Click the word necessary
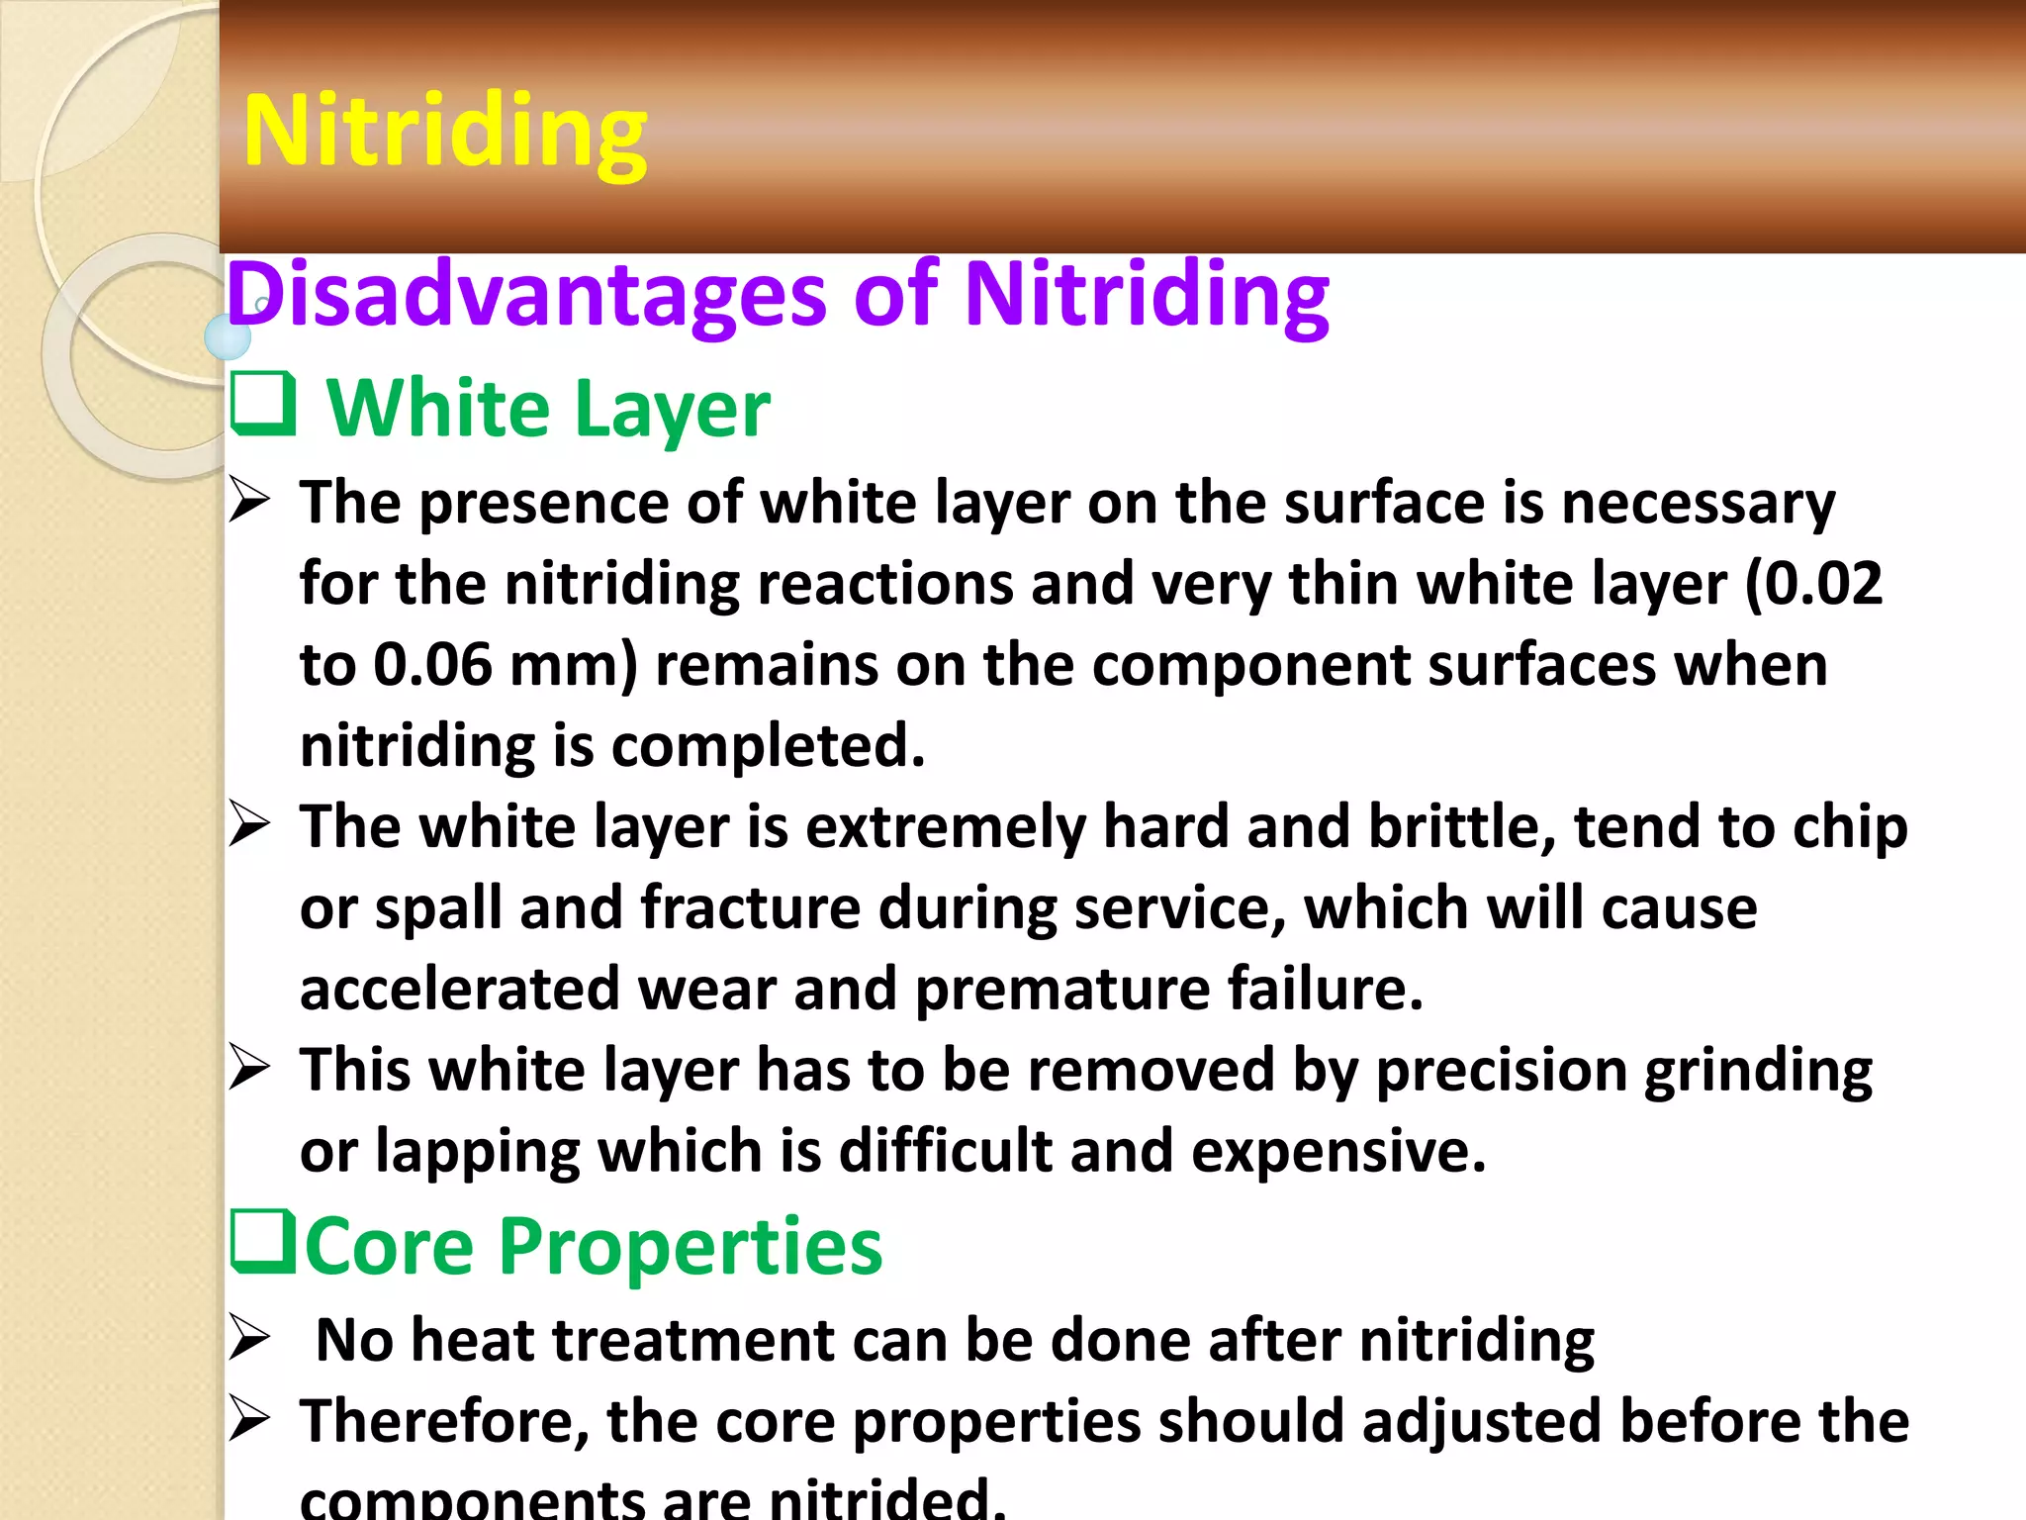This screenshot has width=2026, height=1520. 1698,503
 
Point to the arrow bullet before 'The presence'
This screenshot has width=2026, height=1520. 249,500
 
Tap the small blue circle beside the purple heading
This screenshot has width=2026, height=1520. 228,337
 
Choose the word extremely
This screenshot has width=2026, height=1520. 946,827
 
